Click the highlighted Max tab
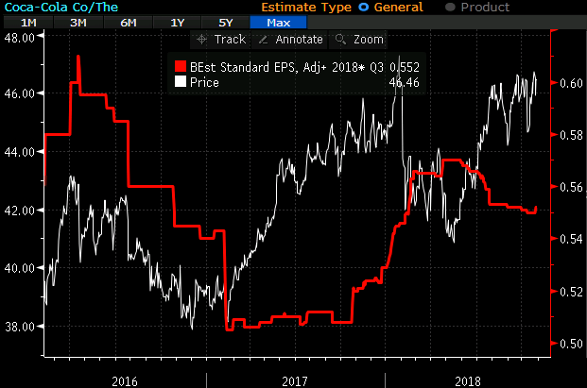click(278, 22)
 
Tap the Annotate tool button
click(292, 40)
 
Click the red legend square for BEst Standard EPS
click(180, 67)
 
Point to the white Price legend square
click(180, 82)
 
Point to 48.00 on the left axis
click(20, 38)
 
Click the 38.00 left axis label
click(20, 326)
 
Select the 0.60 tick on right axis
click(570, 83)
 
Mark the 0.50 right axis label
click(570, 344)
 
